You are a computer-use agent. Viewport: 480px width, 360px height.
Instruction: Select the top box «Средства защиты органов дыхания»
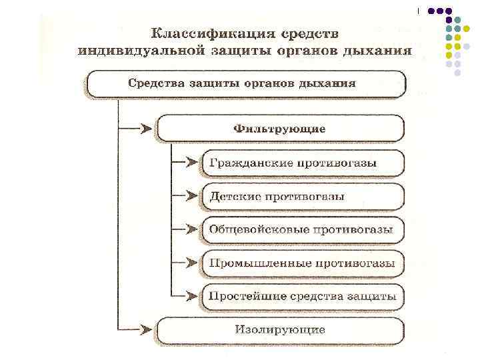coord(245,84)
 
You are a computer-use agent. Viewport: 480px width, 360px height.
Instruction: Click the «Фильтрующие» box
coord(280,128)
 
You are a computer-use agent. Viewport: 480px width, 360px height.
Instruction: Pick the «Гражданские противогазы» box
coord(301,163)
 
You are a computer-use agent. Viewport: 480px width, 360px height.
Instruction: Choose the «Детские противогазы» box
coord(301,197)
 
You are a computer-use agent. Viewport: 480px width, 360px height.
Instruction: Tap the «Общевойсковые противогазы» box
coord(301,229)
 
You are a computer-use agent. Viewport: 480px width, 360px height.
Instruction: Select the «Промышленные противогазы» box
coord(301,263)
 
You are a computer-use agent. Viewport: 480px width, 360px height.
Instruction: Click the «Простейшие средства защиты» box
coord(301,295)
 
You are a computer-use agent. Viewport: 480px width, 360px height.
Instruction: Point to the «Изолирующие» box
coord(280,329)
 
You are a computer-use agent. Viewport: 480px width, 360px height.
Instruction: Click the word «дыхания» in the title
coord(376,51)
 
